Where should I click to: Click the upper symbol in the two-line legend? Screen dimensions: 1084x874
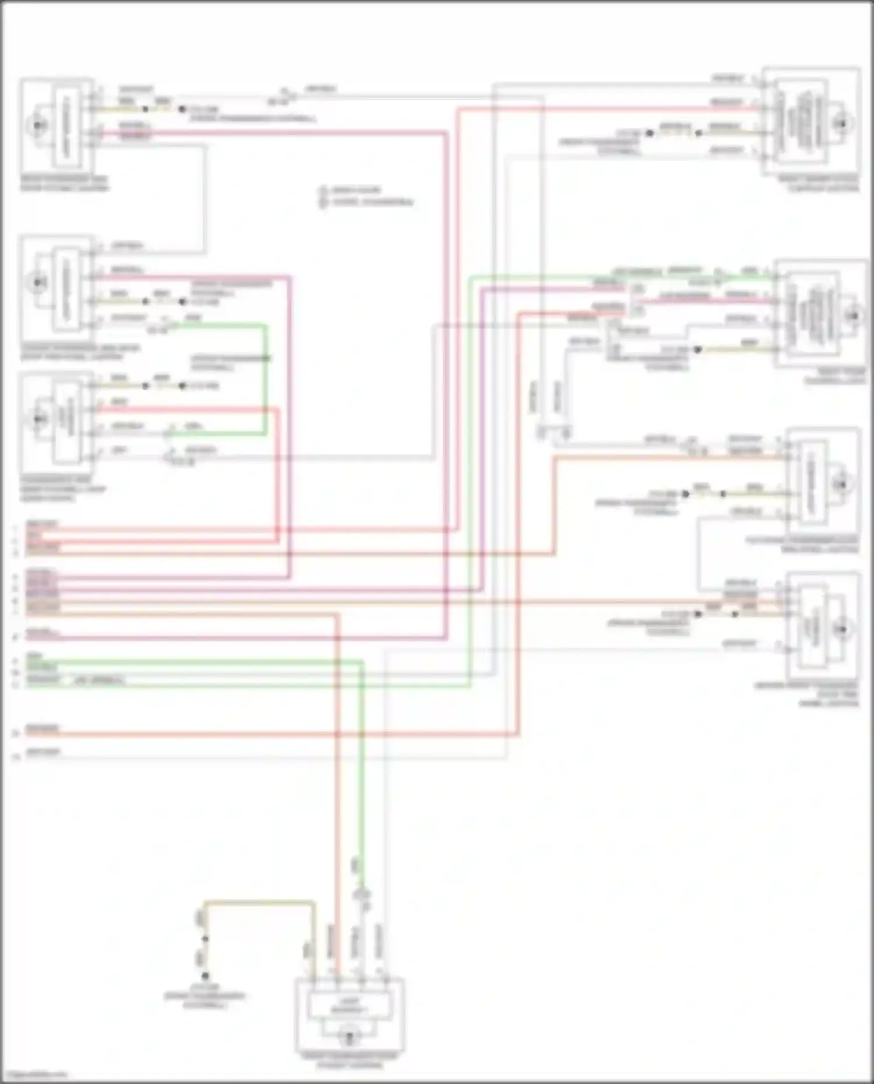(323, 190)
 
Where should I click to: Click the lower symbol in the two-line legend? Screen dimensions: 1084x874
(323, 202)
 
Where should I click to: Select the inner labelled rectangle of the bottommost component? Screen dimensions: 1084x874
(349, 1006)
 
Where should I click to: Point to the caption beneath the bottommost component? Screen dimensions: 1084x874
(349, 1060)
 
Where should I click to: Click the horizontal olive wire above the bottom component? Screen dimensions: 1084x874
(259, 902)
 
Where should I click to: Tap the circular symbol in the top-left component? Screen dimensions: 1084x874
(37, 125)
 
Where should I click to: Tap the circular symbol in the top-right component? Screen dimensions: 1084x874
(841, 123)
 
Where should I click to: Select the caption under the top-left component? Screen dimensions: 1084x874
(64, 183)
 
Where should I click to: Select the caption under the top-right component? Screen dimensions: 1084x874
(818, 183)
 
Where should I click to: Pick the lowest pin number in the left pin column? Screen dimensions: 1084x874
(16, 757)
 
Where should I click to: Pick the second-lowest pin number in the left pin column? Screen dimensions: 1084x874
(16, 733)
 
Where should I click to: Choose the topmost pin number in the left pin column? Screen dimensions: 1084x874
(16, 529)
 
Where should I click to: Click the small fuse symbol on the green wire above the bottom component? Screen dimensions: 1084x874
(362, 893)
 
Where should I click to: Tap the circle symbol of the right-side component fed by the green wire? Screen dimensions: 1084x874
(852, 315)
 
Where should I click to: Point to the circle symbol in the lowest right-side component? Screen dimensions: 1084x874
(841, 629)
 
